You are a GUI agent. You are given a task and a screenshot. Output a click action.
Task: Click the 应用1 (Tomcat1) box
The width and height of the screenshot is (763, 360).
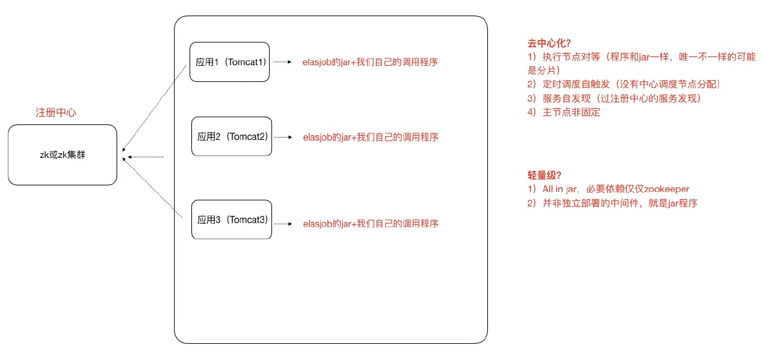[x=230, y=62]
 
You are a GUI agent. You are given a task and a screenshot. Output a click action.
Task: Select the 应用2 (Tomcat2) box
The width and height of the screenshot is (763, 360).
[x=231, y=137]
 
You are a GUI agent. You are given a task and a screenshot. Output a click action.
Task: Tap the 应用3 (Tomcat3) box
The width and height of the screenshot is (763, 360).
[x=231, y=220]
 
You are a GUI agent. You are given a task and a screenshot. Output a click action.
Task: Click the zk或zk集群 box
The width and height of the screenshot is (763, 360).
[x=62, y=154]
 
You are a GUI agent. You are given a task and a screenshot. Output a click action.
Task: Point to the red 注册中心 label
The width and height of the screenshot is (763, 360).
[x=56, y=112]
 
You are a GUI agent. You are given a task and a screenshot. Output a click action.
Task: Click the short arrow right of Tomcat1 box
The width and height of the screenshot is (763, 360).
[x=282, y=62]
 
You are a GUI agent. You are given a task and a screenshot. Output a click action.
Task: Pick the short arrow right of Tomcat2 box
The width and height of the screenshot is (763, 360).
[x=283, y=137]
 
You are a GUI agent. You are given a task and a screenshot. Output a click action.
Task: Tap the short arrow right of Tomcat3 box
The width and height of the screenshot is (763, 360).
[x=283, y=224]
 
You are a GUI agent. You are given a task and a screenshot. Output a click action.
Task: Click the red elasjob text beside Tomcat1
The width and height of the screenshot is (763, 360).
[x=370, y=62]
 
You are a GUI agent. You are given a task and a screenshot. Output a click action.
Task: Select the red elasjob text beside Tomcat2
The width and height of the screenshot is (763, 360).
[x=370, y=137]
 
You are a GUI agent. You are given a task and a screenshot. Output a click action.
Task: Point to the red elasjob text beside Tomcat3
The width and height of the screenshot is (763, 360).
[x=370, y=224]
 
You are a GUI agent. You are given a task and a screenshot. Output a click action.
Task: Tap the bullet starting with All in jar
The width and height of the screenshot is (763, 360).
[x=608, y=189]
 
